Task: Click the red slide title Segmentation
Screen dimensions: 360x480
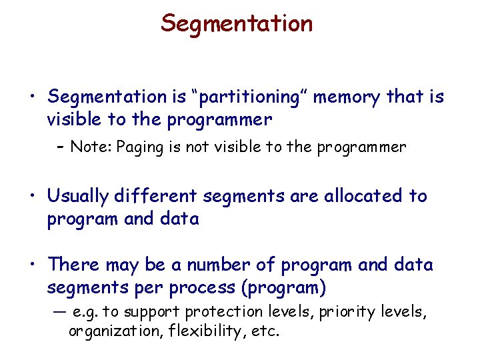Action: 237,23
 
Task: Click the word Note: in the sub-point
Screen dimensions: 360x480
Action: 91,147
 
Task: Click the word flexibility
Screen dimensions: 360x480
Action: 201,331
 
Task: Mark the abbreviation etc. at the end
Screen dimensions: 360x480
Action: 265,331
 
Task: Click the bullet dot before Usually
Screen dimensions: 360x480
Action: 32,197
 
